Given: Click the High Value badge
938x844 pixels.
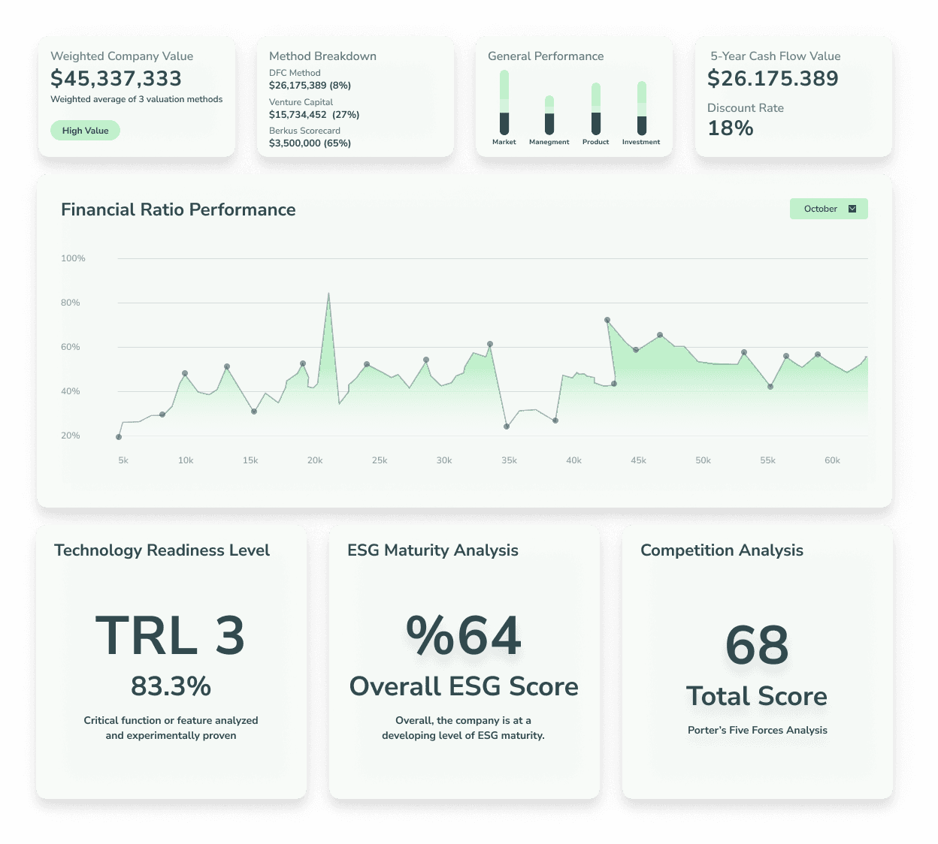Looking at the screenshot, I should click(85, 131).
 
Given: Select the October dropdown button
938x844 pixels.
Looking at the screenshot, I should click(828, 209).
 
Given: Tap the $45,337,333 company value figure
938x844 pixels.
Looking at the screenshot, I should click(116, 78).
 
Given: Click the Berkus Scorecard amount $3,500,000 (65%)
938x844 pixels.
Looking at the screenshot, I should click(310, 143).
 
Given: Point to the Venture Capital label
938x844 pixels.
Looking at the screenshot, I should click(301, 102).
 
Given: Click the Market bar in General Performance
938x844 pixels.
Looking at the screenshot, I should click(504, 102).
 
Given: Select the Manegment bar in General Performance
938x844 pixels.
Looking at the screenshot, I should click(549, 115).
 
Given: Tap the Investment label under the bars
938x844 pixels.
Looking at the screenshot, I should click(640, 142).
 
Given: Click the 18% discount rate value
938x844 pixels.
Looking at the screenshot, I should click(730, 128).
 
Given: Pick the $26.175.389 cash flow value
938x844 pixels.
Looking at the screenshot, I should click(773, 78).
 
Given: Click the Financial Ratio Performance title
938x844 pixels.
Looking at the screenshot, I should click(178, 209).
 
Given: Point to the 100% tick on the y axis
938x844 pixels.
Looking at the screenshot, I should click(73, 258).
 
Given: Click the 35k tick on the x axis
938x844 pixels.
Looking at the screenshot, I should click(509, 460).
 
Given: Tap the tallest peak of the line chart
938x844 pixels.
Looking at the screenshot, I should click(328, 294).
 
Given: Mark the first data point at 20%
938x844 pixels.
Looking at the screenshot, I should click(119, 436).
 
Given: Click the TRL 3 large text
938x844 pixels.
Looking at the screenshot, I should click(171, 636).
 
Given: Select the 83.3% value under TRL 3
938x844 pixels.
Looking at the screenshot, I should click(171, 686).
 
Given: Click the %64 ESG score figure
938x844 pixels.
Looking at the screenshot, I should click(464, 636).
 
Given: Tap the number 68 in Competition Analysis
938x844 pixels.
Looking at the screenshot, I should click(757, 645).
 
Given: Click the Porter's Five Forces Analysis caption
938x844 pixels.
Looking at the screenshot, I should click(757, 730).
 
